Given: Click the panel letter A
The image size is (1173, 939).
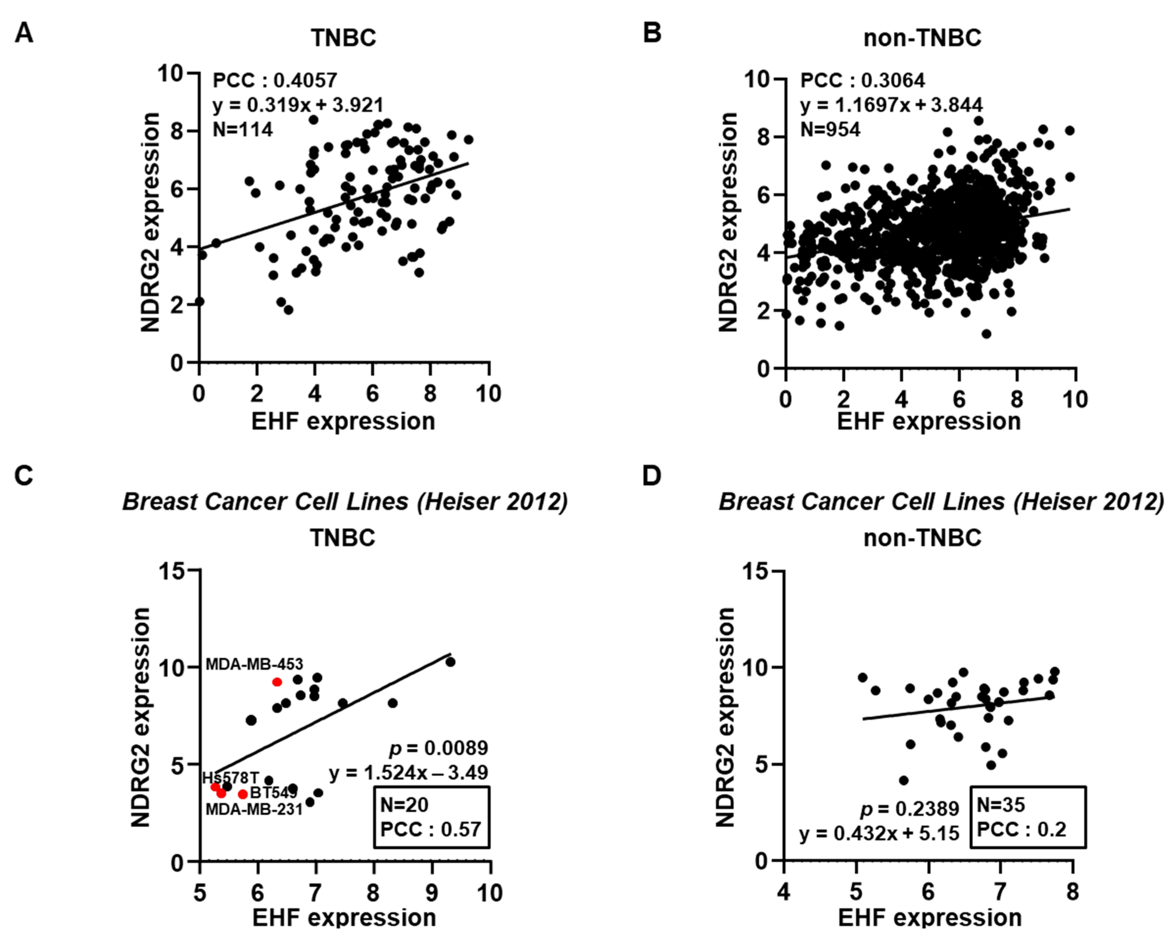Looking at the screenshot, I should (x=24, y=34).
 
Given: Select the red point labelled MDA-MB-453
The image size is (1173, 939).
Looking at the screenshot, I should (x=277, y=682).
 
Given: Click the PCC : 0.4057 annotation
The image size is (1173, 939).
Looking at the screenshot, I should (x=275, y=81).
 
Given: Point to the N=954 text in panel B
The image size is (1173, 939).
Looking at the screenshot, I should (x=830, y=129).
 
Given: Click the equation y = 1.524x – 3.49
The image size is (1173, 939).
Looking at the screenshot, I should (x=409, y=772).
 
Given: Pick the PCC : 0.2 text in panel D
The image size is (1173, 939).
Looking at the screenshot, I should (x=1021, y=830).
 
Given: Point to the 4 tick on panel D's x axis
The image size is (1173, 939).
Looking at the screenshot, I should (x=783, y=892).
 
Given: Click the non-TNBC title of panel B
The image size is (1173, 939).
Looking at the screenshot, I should (x=922, y=38).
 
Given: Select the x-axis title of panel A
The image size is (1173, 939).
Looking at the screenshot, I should (x=343, y=421).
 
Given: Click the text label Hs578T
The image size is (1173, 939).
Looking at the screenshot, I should (x=231, y=778).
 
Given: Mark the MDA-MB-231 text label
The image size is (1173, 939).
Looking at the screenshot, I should (x=253, y=809).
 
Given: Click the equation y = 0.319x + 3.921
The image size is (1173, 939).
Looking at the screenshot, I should (x=298, y=105).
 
